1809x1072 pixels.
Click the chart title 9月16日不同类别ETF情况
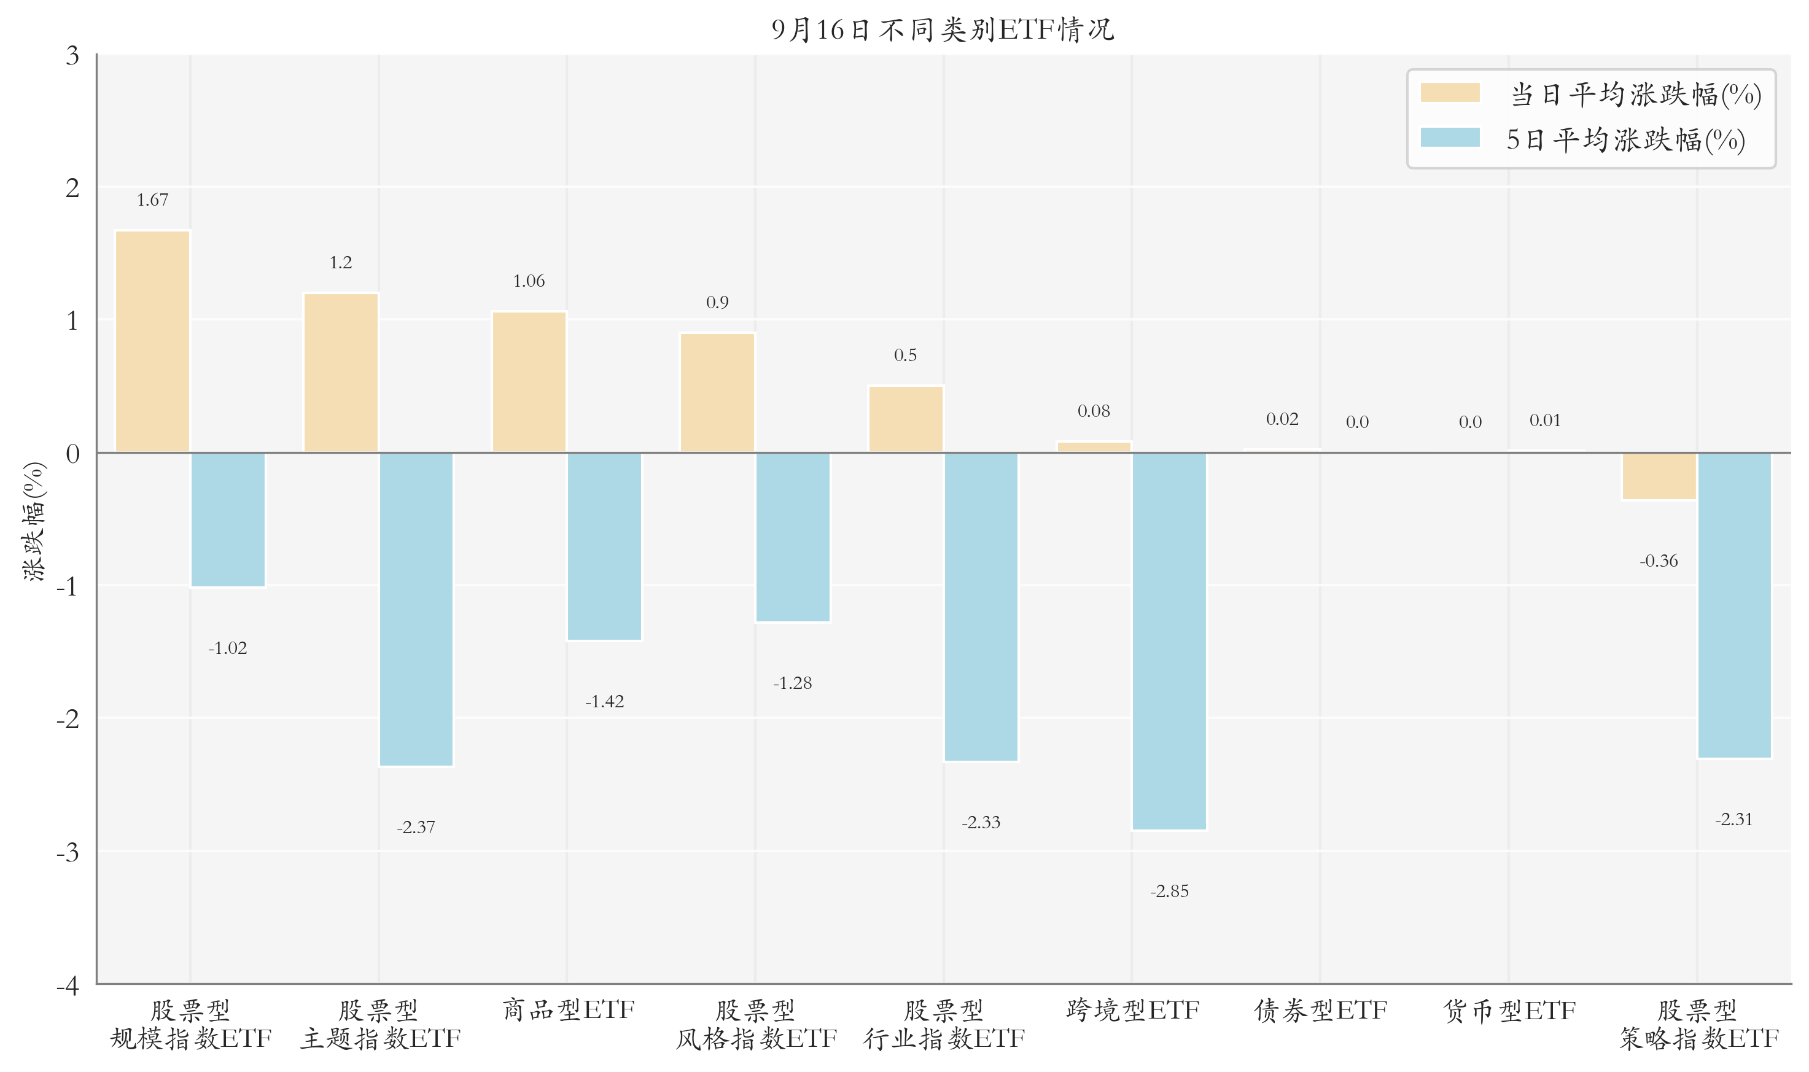943,29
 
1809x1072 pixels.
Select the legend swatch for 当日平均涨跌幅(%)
1450,93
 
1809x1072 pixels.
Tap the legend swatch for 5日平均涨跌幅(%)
1450,138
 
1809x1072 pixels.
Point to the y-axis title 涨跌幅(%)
34,521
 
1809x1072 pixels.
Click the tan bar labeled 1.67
152,342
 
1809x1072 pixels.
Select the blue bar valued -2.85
1169,642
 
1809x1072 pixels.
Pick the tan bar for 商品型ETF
529,382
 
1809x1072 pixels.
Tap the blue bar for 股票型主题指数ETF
416,610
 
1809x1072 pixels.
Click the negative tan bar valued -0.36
1659,476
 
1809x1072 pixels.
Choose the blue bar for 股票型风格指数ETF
793,537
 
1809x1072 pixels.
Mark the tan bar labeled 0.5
906,420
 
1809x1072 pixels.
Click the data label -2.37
416,827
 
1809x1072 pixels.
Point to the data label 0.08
1094,411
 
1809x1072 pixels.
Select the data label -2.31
1734,819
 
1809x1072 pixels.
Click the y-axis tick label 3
72,56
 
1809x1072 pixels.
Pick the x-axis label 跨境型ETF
1132,1010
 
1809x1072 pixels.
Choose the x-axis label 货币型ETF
1509,1010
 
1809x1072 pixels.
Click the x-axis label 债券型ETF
1321,1010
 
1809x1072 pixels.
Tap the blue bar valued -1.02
228,520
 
